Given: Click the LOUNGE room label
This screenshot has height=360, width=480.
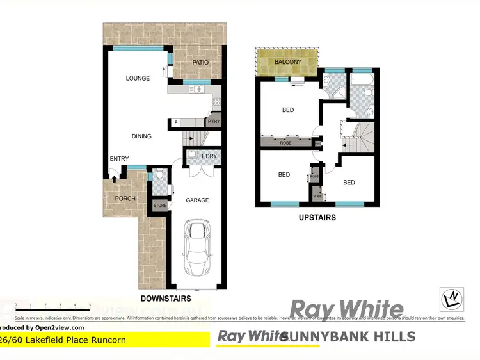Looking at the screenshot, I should coord(138,78).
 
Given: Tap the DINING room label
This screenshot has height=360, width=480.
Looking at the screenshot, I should coord(141,136).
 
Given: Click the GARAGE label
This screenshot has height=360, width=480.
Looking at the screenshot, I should coord(197,200).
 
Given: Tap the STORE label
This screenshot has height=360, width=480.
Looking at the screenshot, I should coord(160,206).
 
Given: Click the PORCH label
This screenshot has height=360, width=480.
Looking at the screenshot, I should coord(125,199).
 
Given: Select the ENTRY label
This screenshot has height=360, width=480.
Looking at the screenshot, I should coord(119,160).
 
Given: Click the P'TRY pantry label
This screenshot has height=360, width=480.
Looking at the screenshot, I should coord(214,122).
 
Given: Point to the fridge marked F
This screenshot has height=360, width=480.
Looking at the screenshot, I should coord(175,122).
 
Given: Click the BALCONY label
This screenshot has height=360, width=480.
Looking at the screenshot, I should coord(288,62).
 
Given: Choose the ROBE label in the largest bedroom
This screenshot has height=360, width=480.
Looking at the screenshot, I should coord(285,143).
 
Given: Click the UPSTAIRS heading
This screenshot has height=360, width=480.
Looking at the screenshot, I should coord(317,218).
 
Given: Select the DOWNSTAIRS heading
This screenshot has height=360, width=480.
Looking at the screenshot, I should coord(165,299).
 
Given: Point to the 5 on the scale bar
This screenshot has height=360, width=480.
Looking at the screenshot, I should coord(90,305).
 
